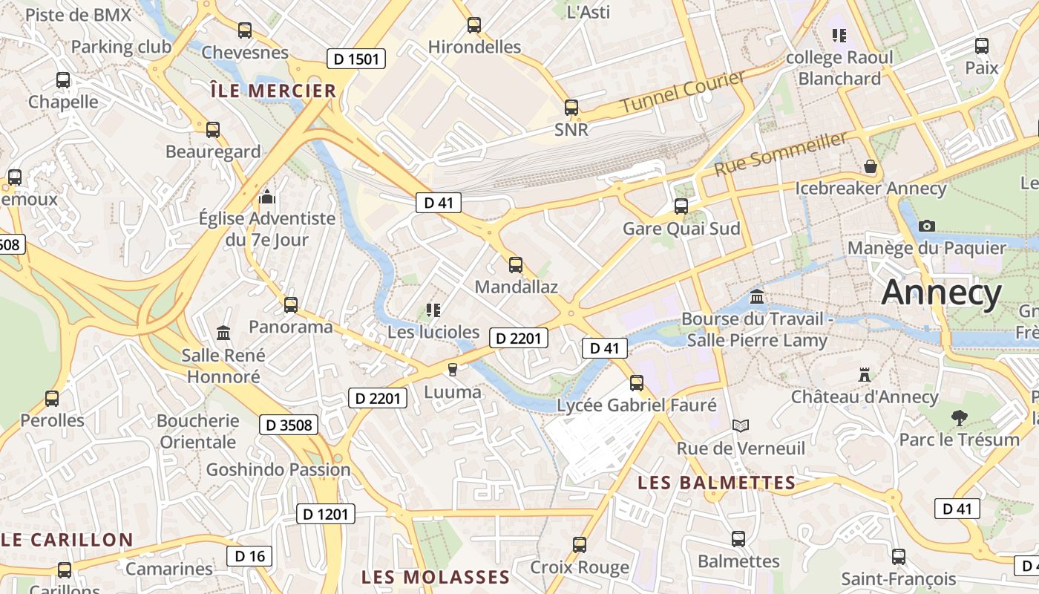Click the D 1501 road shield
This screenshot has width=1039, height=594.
(x=356, y=59)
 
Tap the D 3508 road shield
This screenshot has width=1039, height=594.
(x=289, y=425)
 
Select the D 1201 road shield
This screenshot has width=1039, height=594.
(x=326, y=514)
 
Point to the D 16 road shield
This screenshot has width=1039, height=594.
(x=249, y=555)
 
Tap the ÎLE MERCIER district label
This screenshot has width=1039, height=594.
(x=273, y=91)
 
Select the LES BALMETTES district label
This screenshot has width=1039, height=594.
(x=717, y=483)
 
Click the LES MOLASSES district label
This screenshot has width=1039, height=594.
(x=436, y=577)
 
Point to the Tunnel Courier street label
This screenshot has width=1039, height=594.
(x=682, y=92)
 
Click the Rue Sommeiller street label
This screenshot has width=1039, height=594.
(x=780, y=154)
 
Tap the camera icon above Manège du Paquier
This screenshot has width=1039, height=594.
(x=926, y=226)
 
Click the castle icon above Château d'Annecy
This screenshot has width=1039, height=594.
(x=864, y=375)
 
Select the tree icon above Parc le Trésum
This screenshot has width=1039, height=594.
(x=959, y=417)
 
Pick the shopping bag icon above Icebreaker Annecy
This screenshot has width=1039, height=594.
(x=871, y=166)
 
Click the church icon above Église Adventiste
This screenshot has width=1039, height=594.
(x=267, y=197)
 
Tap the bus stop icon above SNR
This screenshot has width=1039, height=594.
(x=571, y=108)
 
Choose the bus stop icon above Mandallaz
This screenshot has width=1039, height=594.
(x=516, y=264)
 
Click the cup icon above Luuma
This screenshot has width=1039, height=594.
(x=452, y=370)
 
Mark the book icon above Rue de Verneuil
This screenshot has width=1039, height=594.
(x=740, y=426)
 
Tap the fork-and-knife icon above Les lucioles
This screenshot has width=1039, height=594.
(x=433, y=310)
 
